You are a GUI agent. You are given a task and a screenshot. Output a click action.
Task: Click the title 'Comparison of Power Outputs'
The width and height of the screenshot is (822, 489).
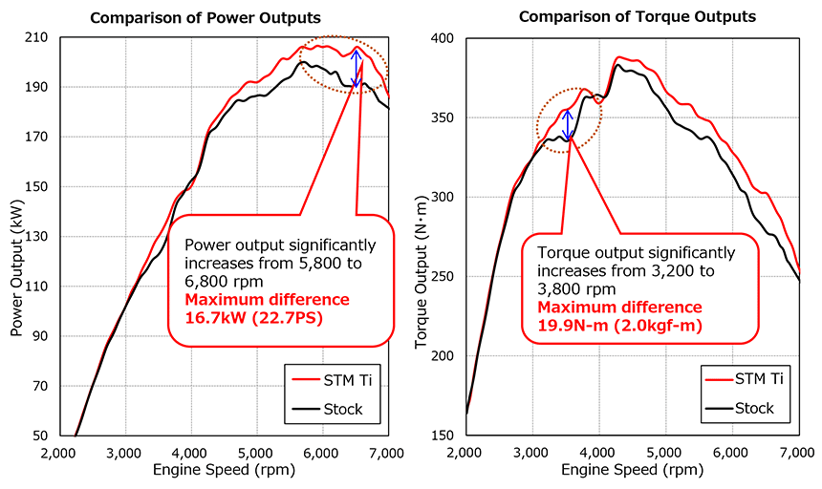coord(206,17)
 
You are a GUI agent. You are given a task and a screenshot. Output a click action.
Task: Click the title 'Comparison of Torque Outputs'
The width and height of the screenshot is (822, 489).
coord(637,17)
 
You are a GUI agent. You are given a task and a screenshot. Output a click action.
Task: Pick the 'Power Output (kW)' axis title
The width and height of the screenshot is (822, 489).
coord(16,237)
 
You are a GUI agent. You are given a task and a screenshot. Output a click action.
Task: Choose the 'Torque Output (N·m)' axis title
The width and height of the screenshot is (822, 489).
coord(422,237)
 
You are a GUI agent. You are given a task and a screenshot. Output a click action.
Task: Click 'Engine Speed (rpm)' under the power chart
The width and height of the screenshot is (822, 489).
coord(223,470)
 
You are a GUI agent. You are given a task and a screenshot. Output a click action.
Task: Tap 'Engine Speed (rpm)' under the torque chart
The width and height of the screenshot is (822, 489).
coord(631,470)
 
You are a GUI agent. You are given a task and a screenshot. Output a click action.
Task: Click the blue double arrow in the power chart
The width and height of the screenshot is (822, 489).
coord(357,68)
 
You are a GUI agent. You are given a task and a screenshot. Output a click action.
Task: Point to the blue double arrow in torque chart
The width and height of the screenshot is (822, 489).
coord(568,125)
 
